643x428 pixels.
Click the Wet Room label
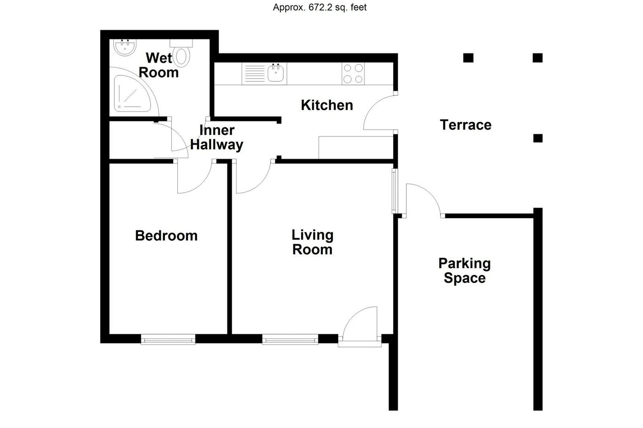pyautogui.click(x=158, y=65)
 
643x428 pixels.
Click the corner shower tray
pyautogui.click(x=131, y=95)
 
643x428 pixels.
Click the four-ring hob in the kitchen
pyautogui.click(x=353, y=73)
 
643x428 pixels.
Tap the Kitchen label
pyautogui.click(x=327, y=105)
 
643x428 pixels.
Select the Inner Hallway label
pyautogui.click(x=216, y=137)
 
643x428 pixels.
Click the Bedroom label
pyautogui.click(x=166, y=236)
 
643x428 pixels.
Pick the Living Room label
pyautogui.click(x=312, y=242)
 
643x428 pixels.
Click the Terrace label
pyautogui.click(x=465, y=125)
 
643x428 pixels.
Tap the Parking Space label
pyautogui.click(x=464, y=270)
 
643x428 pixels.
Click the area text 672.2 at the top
pyautogui.click(x=319, y=7)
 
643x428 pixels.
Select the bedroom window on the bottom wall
pyautogui.click(x=168, y=340)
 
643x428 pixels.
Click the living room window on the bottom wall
pyautogui.click(x=290, y=340)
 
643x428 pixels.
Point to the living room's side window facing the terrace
pyautogui.click(x=394, y=191)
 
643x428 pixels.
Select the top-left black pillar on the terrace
pyautogui.click(x=468, y=58)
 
